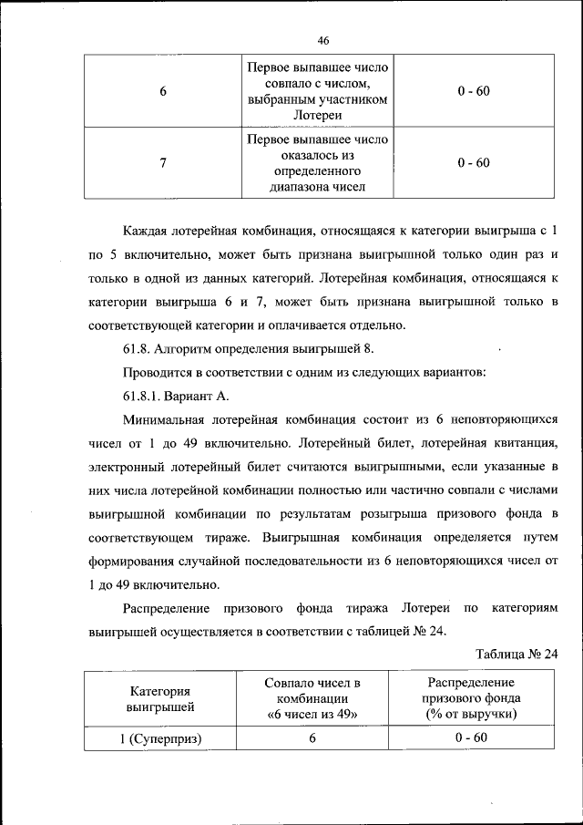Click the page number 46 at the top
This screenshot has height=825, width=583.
(323, 41)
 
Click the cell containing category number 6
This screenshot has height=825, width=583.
(162, 92)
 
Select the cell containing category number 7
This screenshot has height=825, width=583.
(162, 163)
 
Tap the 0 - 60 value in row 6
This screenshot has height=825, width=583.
(474, 92)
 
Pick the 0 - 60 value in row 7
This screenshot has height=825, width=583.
(474, 163)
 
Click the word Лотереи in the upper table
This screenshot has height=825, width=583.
(318, 116)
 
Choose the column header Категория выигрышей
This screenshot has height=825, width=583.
(159, 698)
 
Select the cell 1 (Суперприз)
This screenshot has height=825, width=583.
(159, 738)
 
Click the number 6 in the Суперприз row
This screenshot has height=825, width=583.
(312, 738)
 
